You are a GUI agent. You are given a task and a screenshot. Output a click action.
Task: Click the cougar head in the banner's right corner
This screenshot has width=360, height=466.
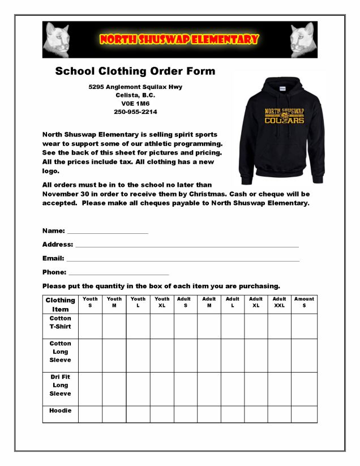pos(303,39)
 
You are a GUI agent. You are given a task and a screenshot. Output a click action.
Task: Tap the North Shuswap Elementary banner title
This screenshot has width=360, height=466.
pos(179,39)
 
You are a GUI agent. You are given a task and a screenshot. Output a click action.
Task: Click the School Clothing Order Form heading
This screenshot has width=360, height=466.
pos(135,71)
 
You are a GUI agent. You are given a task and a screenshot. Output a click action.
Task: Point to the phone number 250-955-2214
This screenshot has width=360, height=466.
pos(135,112)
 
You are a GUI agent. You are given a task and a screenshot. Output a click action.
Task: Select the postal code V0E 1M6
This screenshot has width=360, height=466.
pos(135,104)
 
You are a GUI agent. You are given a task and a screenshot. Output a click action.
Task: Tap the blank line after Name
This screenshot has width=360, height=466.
pos(108,232)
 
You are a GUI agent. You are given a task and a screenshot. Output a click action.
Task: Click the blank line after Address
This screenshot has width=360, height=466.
pos(187,245)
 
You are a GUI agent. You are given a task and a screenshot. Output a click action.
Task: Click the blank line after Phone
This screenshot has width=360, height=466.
pos(118,272)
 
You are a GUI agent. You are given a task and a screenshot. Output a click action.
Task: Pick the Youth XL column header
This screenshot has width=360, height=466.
pos(162,302)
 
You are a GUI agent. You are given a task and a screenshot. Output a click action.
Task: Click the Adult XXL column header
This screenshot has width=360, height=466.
pos(279,302)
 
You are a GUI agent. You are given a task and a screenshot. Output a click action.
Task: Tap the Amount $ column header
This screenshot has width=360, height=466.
pos(304,302)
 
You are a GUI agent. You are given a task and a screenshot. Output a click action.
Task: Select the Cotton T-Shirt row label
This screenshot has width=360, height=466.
pos(60,323)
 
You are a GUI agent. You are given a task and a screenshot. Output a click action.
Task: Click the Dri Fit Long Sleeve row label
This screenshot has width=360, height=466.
pos(60,385)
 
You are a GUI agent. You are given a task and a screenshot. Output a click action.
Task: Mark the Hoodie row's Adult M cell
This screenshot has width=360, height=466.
pos(209,414)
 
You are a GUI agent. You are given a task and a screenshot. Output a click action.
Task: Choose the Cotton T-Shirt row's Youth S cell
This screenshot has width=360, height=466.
pos(90,326)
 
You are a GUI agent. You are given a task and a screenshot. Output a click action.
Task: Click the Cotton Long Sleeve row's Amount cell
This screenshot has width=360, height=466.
pos(304,355)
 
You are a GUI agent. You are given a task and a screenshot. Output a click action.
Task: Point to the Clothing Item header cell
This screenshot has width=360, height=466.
pos(60,305)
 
